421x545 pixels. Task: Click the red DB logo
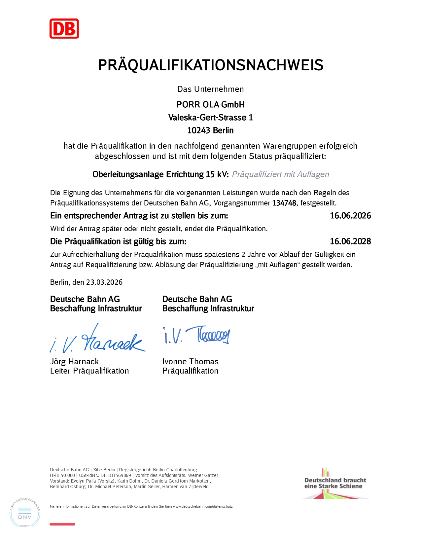point(64,29)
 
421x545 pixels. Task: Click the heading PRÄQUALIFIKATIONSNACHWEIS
point(210,65)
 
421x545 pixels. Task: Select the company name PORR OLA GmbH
point(210,105)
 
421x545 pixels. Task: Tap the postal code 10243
point(198,130)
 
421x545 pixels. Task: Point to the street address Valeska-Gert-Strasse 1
point(210,118)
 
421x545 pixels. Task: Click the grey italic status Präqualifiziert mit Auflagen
point(280,174)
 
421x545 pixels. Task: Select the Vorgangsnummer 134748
point(284,203)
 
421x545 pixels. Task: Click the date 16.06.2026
point(350,216)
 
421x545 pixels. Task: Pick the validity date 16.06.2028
point(350,241)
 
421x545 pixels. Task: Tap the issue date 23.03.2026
point(104,282)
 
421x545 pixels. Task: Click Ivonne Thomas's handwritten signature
point(196,335)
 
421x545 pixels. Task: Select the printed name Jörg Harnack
point(74,362)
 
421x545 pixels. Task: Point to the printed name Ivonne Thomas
point(190,362)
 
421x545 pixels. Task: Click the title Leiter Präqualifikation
point(89,371)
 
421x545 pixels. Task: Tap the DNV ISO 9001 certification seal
point(25,513)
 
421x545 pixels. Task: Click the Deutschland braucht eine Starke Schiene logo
point(335,483)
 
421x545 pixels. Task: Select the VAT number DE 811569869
point(116,476)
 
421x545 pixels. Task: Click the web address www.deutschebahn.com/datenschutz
point(203,507)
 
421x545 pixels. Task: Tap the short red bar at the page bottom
point(62,524)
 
